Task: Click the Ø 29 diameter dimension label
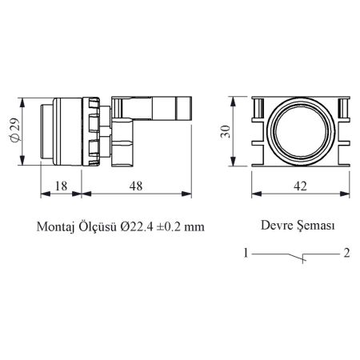[x=15, y=130]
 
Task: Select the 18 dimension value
[x=61, y=186]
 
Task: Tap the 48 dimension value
[x=136, y=186]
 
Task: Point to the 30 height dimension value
[x=226, y=131]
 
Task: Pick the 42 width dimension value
[x=300, y=186]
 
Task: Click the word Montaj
[x=55, y=227]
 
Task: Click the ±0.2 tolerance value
[x=168, y=227]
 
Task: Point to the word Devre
[x=274, y=226]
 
